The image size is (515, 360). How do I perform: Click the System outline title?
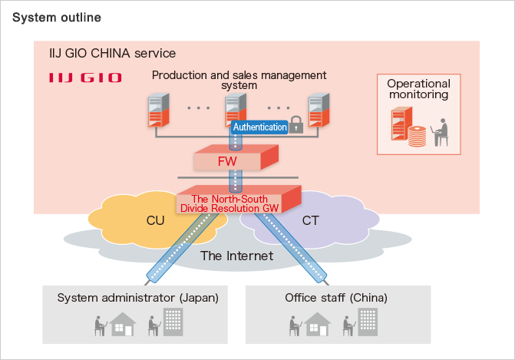[x=56, y=17]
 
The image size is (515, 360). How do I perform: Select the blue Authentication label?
[x=259, y=127]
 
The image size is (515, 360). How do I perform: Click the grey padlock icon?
[x=295, y=127]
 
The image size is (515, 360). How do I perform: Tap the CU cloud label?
[x=155, y=221]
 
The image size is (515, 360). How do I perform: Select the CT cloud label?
[x=312, y=221]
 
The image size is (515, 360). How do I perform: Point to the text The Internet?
[x=236, y=256]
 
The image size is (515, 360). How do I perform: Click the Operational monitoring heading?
[x=418, y=89]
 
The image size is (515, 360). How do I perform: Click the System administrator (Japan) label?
[x=137, y=297]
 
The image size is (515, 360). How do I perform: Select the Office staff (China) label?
[x=336, y=297]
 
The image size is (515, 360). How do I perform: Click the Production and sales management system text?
[x=239, y=80]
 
